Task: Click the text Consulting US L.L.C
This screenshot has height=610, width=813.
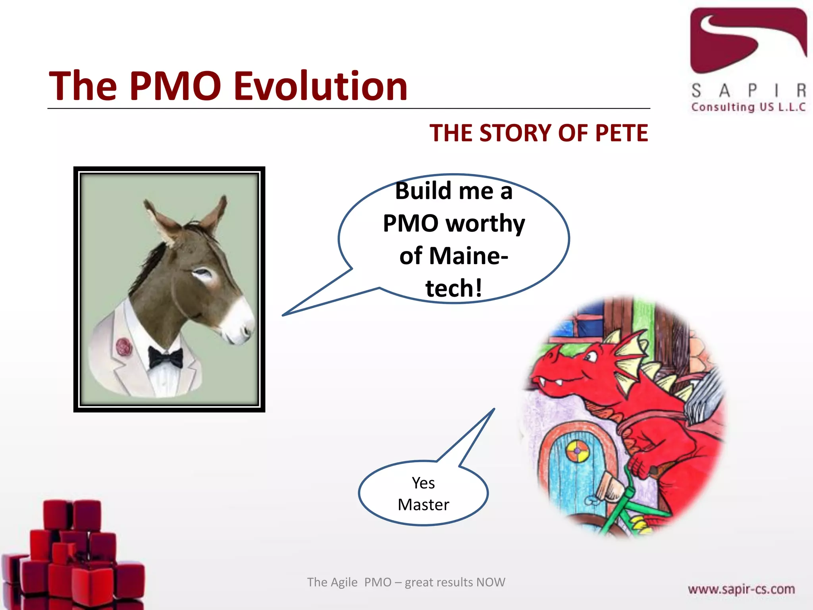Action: [x=748, y=107]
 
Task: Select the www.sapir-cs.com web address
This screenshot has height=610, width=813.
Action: [x=741, y=589]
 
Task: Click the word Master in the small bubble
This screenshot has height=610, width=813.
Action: [x=423, y=505]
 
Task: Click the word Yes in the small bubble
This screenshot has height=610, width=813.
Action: [x=423, y=483]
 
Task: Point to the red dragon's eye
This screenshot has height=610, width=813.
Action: [x=590, y=357]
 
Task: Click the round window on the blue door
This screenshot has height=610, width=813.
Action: [x=577, y=452]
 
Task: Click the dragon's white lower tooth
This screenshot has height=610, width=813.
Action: [x=559, y=383]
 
